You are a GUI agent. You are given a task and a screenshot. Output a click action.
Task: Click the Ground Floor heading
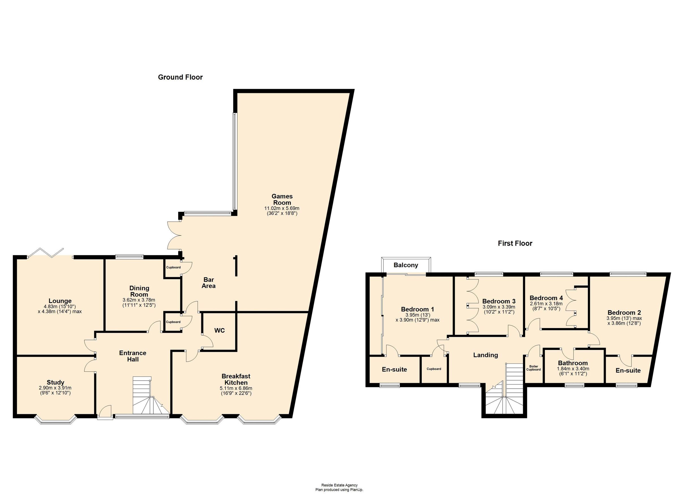click(180, 77)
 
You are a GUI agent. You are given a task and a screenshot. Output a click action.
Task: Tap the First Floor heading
click(515, 243)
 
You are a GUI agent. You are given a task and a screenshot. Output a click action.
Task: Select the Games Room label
click(282, 200)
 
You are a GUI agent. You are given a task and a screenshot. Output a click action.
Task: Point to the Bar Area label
click(209, 283)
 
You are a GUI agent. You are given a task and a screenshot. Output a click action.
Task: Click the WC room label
click(220, 330)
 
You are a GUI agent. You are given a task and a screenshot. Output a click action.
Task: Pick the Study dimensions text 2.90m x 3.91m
click(55, 388)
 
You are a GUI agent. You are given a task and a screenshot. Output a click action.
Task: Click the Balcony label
click(406, 265)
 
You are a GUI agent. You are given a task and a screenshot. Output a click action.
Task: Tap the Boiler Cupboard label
click(534, 368)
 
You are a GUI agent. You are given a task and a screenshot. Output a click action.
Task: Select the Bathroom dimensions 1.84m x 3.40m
click(573, 369)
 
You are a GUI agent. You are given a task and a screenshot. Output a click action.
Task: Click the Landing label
click(485, 355)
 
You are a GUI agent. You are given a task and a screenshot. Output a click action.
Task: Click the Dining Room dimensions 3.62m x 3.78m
click(139, 300)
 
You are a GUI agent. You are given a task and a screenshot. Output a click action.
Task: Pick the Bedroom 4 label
click(546, 298)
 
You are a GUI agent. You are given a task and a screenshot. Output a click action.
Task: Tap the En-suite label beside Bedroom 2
click(628, 371)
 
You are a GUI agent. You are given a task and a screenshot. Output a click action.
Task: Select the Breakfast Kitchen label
click(236, 379)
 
